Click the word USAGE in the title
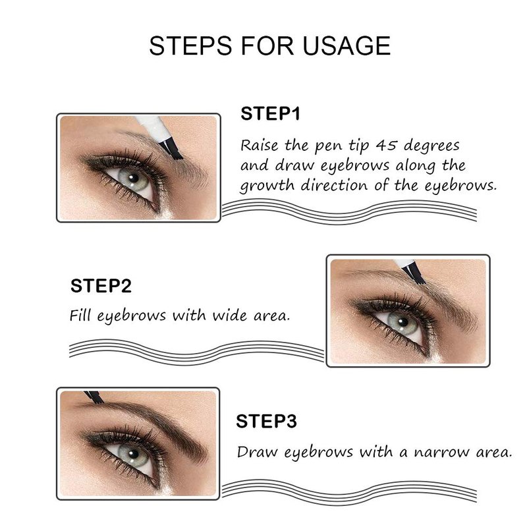pyautogui.click(x=347, y=45)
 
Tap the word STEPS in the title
pyautogui.click(x=190, y=45)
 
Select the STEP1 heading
pyautogui.click(x=270, y=113)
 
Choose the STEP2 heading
pyautogui.click(x=101, y=286)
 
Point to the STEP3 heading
pyautogui.click(x=266, y=421)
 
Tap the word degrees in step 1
pyautogui.click(x=431, y=146)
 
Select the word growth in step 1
pyautogui.click(x=267, y=186)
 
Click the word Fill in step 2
pyautogui.click(x=80, y=316)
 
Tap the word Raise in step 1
pyautogui.click(x=260, y=146)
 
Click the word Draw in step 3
pyautogui.click(x=257, y=452)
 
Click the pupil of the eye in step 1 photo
pyautogui.click(x=134, y=177)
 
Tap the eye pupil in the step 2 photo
pyautogui.click(x=403, y=322)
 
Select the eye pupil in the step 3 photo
pyautogui.click(x=134, y=454)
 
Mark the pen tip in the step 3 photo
pyautogui.click(x=94, y=397)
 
